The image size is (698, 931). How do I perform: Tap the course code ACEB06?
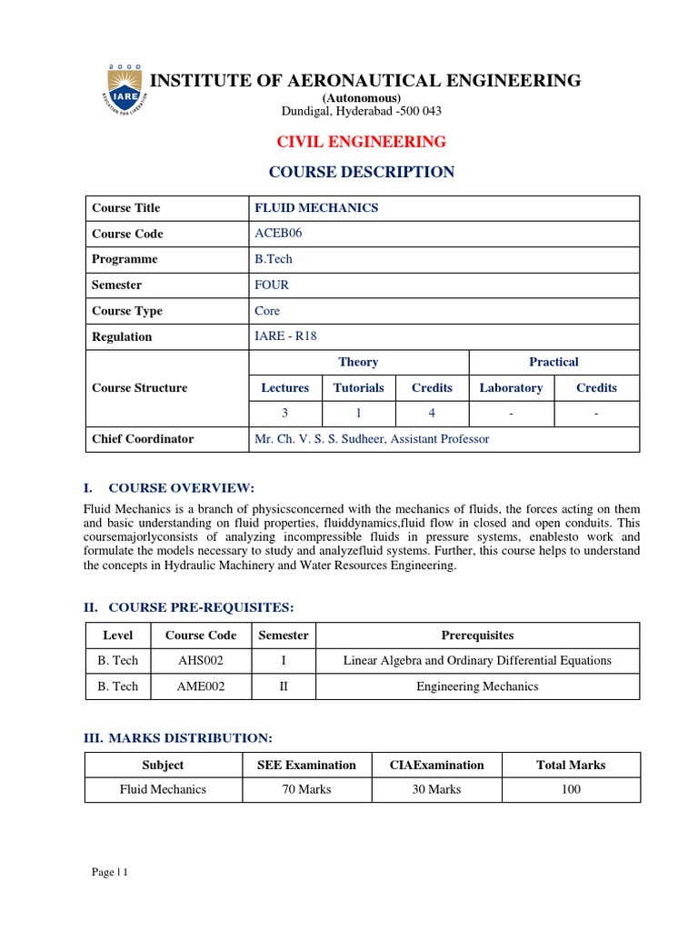pos(278,234)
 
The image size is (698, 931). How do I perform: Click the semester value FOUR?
pos(272,285)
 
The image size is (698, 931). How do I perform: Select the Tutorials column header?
pos(358,387)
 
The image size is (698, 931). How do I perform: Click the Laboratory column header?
pos(511,387)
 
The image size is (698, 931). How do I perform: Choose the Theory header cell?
pos(358,362)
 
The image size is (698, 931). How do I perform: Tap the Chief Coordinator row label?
pos(143,439)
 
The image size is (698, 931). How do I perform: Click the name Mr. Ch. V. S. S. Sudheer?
pos(372,439)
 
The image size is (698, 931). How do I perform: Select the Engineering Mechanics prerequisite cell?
pos(477,686)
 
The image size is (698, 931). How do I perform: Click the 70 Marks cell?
pos(306,789)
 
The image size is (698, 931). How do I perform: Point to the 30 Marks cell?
pos(436,789)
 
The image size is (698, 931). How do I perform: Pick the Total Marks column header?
pos(571,765)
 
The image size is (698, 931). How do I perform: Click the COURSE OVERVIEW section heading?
pos(181,488)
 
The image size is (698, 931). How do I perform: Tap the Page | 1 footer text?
pos(110,873)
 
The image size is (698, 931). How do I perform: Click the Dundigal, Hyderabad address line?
pos(362,111)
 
